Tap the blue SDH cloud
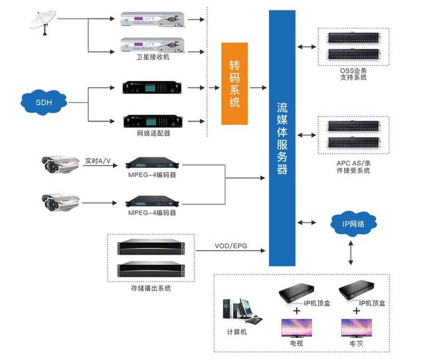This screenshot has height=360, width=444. click(44, 103)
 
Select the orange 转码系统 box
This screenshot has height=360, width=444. click(234, 83)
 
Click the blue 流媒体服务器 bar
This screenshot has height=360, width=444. click(282, 138)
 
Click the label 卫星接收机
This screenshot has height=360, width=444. click(153, 57)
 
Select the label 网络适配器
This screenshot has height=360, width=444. click(153, 132)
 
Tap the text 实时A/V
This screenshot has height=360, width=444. click(98, 160)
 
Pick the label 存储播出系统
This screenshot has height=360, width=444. click(151, 287)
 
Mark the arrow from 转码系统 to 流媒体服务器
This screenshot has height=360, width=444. click(257, 87)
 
